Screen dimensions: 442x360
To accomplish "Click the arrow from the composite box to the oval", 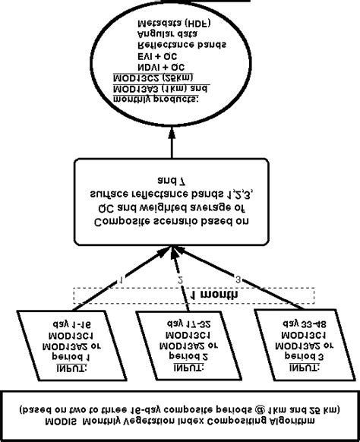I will (x=172, y=140).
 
